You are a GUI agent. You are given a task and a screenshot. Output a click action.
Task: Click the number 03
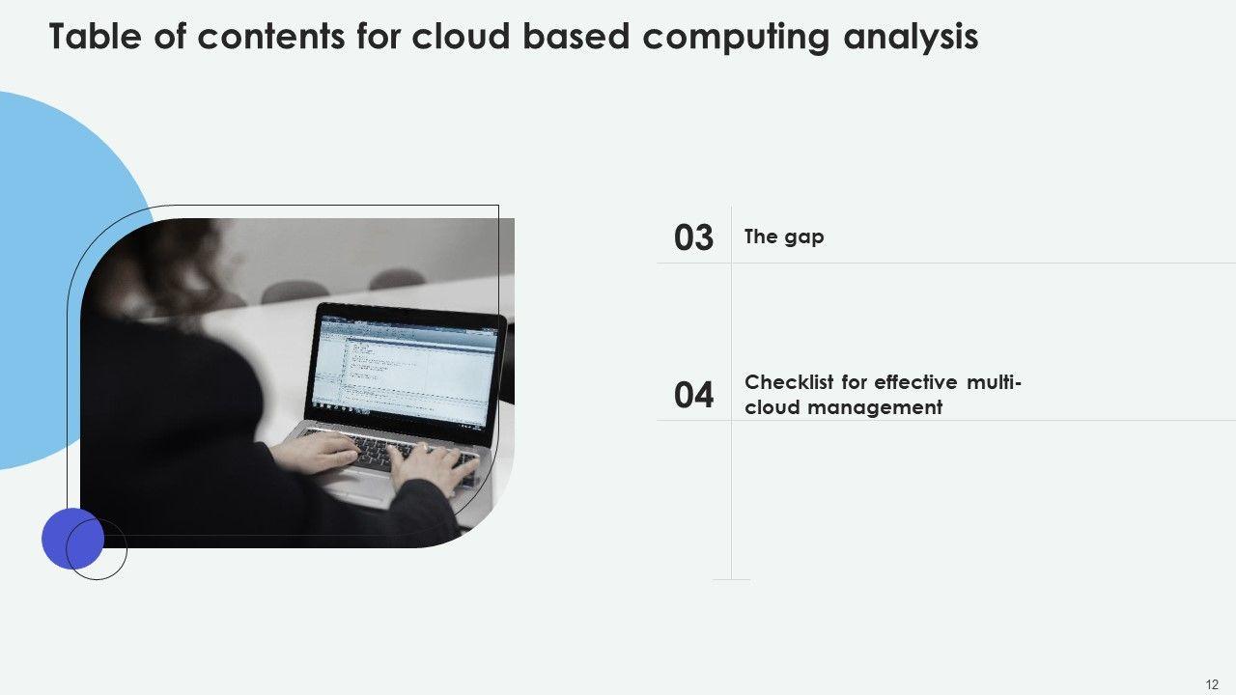[x=693, y=237]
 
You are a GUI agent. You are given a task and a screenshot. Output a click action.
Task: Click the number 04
[x=693, y=395]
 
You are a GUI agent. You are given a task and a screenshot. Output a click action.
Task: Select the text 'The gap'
[x=784, y=236]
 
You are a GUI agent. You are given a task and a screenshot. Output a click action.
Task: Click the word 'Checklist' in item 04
[x=789, y=381]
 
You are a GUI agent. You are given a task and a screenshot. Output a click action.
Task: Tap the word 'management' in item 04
[x=875, y=407]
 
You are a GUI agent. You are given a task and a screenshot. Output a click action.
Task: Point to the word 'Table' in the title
[x=95, y=37]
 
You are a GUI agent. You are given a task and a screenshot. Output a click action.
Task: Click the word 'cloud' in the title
[x=461, y=37]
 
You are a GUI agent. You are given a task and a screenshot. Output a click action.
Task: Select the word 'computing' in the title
[x=736, y=38]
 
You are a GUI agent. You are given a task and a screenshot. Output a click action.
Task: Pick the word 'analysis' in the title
[x=911, y=38]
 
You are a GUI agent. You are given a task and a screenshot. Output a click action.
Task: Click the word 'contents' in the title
[x=271, y=37]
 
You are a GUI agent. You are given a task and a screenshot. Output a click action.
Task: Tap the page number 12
[x=1212, y=684]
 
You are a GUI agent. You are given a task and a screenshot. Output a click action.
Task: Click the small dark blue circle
[x=72, y=539]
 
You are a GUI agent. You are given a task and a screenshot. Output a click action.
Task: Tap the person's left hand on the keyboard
[x=315, y=453]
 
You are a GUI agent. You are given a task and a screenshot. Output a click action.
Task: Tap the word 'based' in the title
[x=576, y=37]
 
